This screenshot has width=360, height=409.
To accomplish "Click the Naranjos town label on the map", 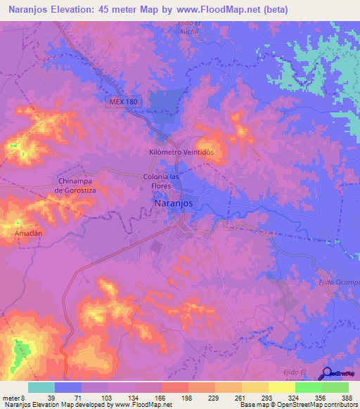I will [x=172, y=203].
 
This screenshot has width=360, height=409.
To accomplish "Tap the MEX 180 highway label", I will [x=124, y=102].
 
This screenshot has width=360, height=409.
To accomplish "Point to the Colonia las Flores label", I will [x=162, y=181].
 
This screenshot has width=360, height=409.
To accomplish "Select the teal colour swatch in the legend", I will [x=41, y=387].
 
